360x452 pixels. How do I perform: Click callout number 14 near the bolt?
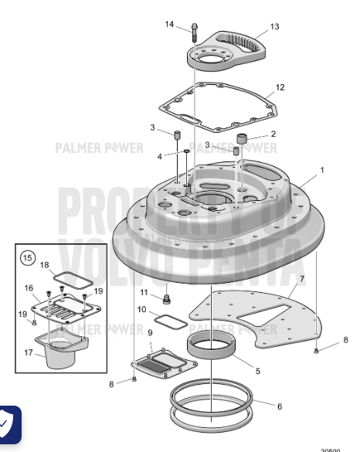(x=169, y=25)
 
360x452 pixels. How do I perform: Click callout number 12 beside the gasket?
(x=280, y=87)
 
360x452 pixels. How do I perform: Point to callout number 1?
(x=322, y=169)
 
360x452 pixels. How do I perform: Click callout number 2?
(x=273, y=134)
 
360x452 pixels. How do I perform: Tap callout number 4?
(x=159, y=156)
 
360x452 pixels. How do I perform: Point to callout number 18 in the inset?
(x=45, y=265)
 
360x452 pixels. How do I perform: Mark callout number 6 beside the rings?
(x=278, y=406)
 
